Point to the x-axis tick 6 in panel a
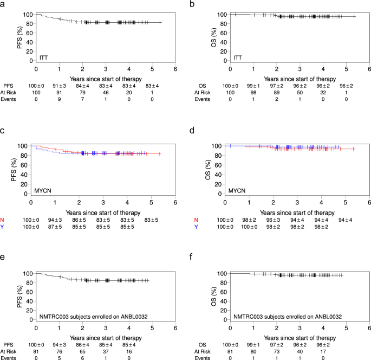(x=175, y=69)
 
